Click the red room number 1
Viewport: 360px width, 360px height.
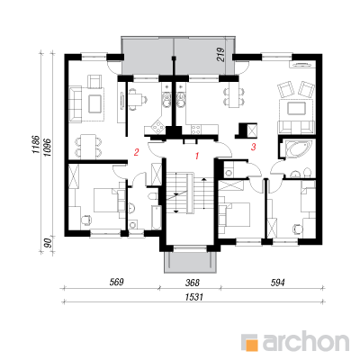point(197,156)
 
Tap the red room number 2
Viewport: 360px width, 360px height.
point(137,152)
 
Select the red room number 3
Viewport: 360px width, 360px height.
point(254,147)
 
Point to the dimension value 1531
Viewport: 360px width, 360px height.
point(194,297)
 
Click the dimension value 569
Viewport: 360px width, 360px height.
point(116,282)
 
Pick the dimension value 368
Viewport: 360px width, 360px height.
point(193,282)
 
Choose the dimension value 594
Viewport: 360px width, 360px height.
point(277,282)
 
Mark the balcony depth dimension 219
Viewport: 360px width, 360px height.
point(220,55)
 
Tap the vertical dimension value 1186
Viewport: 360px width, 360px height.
point(35,145)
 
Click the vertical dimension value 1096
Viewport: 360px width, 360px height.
point(48,148)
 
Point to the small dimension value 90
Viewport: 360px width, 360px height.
point(48,243)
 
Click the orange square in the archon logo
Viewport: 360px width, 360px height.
point(251,343)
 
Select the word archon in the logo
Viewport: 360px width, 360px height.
point(306,341)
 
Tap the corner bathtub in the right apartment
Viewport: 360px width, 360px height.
point(298,149)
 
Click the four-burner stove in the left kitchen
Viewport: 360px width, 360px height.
point(156,128)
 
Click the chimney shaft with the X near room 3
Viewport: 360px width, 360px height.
point(251,130)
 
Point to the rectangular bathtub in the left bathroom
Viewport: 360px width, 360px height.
point(156,218)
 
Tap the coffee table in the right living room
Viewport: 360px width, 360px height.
point(296,108)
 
